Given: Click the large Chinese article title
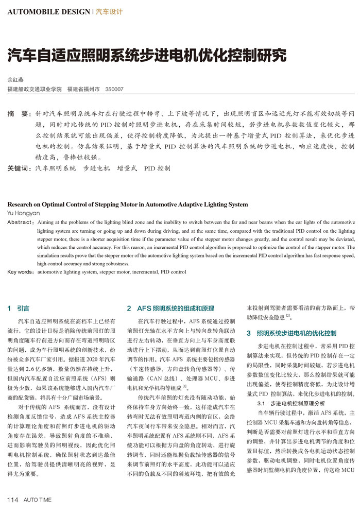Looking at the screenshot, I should [x=146, y=55].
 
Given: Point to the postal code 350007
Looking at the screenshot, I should [x=114, y=89].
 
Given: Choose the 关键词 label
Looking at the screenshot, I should [x=19, y=168].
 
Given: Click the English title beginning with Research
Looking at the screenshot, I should [x=128, y=204].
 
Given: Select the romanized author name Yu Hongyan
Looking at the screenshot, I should [x=23, y=213].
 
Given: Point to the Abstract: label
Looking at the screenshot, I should [x=20, y=222].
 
